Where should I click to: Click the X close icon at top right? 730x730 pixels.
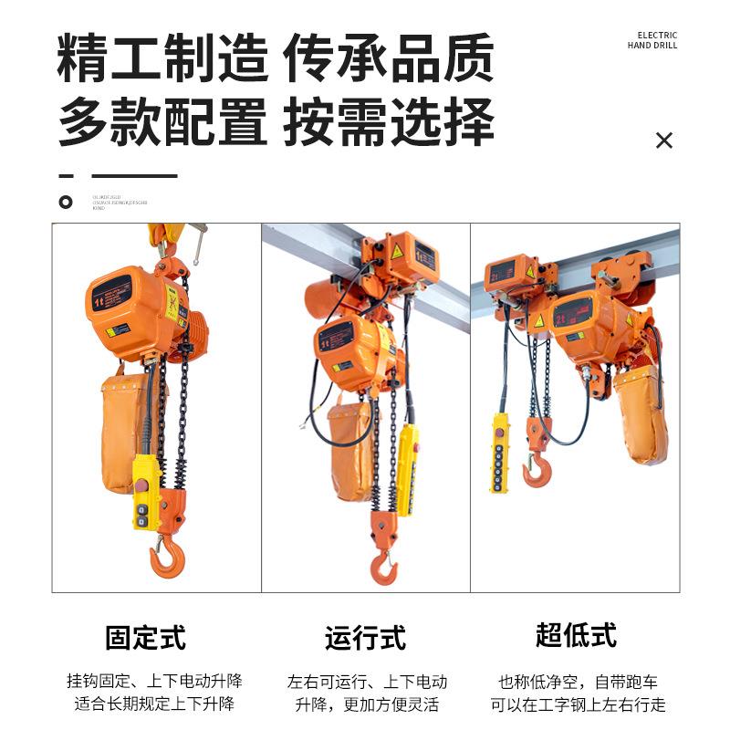[664, 140]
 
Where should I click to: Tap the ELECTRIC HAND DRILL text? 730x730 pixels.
[652, 40]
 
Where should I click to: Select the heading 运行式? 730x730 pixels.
[365, 637]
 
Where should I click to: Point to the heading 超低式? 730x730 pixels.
[576, 635]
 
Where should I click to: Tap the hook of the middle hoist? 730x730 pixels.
[383, 568]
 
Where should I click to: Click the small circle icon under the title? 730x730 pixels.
[65, 202]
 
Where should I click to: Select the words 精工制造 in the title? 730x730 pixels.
[162, 58]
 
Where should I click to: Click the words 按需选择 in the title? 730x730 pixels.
[389, 122]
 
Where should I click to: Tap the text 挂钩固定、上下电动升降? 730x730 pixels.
[154, 682]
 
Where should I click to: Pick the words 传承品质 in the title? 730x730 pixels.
[389, 58]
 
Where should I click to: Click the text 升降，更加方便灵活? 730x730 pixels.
[367, 704]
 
